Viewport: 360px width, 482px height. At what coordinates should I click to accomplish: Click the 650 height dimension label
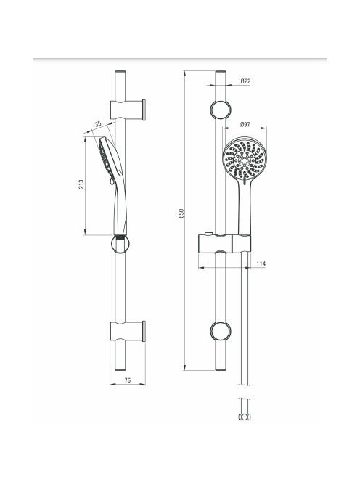coord(181,213)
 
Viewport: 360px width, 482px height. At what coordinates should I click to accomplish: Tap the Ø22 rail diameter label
coord(245,81)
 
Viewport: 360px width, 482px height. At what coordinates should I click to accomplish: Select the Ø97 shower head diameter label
coord(245,125)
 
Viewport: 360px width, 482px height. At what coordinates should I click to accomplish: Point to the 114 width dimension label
coord(261,264)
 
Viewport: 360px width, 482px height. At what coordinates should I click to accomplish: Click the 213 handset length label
coord(81,184)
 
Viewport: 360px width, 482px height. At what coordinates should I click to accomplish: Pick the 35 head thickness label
coord(98,124)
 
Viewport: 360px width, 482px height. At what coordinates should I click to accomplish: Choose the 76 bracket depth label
coord(128,380)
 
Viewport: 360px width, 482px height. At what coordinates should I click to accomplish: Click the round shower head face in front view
coord(245,159)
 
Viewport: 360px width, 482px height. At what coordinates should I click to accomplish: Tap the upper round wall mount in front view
coord(221,110)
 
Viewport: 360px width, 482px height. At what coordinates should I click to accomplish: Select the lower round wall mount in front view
coord(221,331)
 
